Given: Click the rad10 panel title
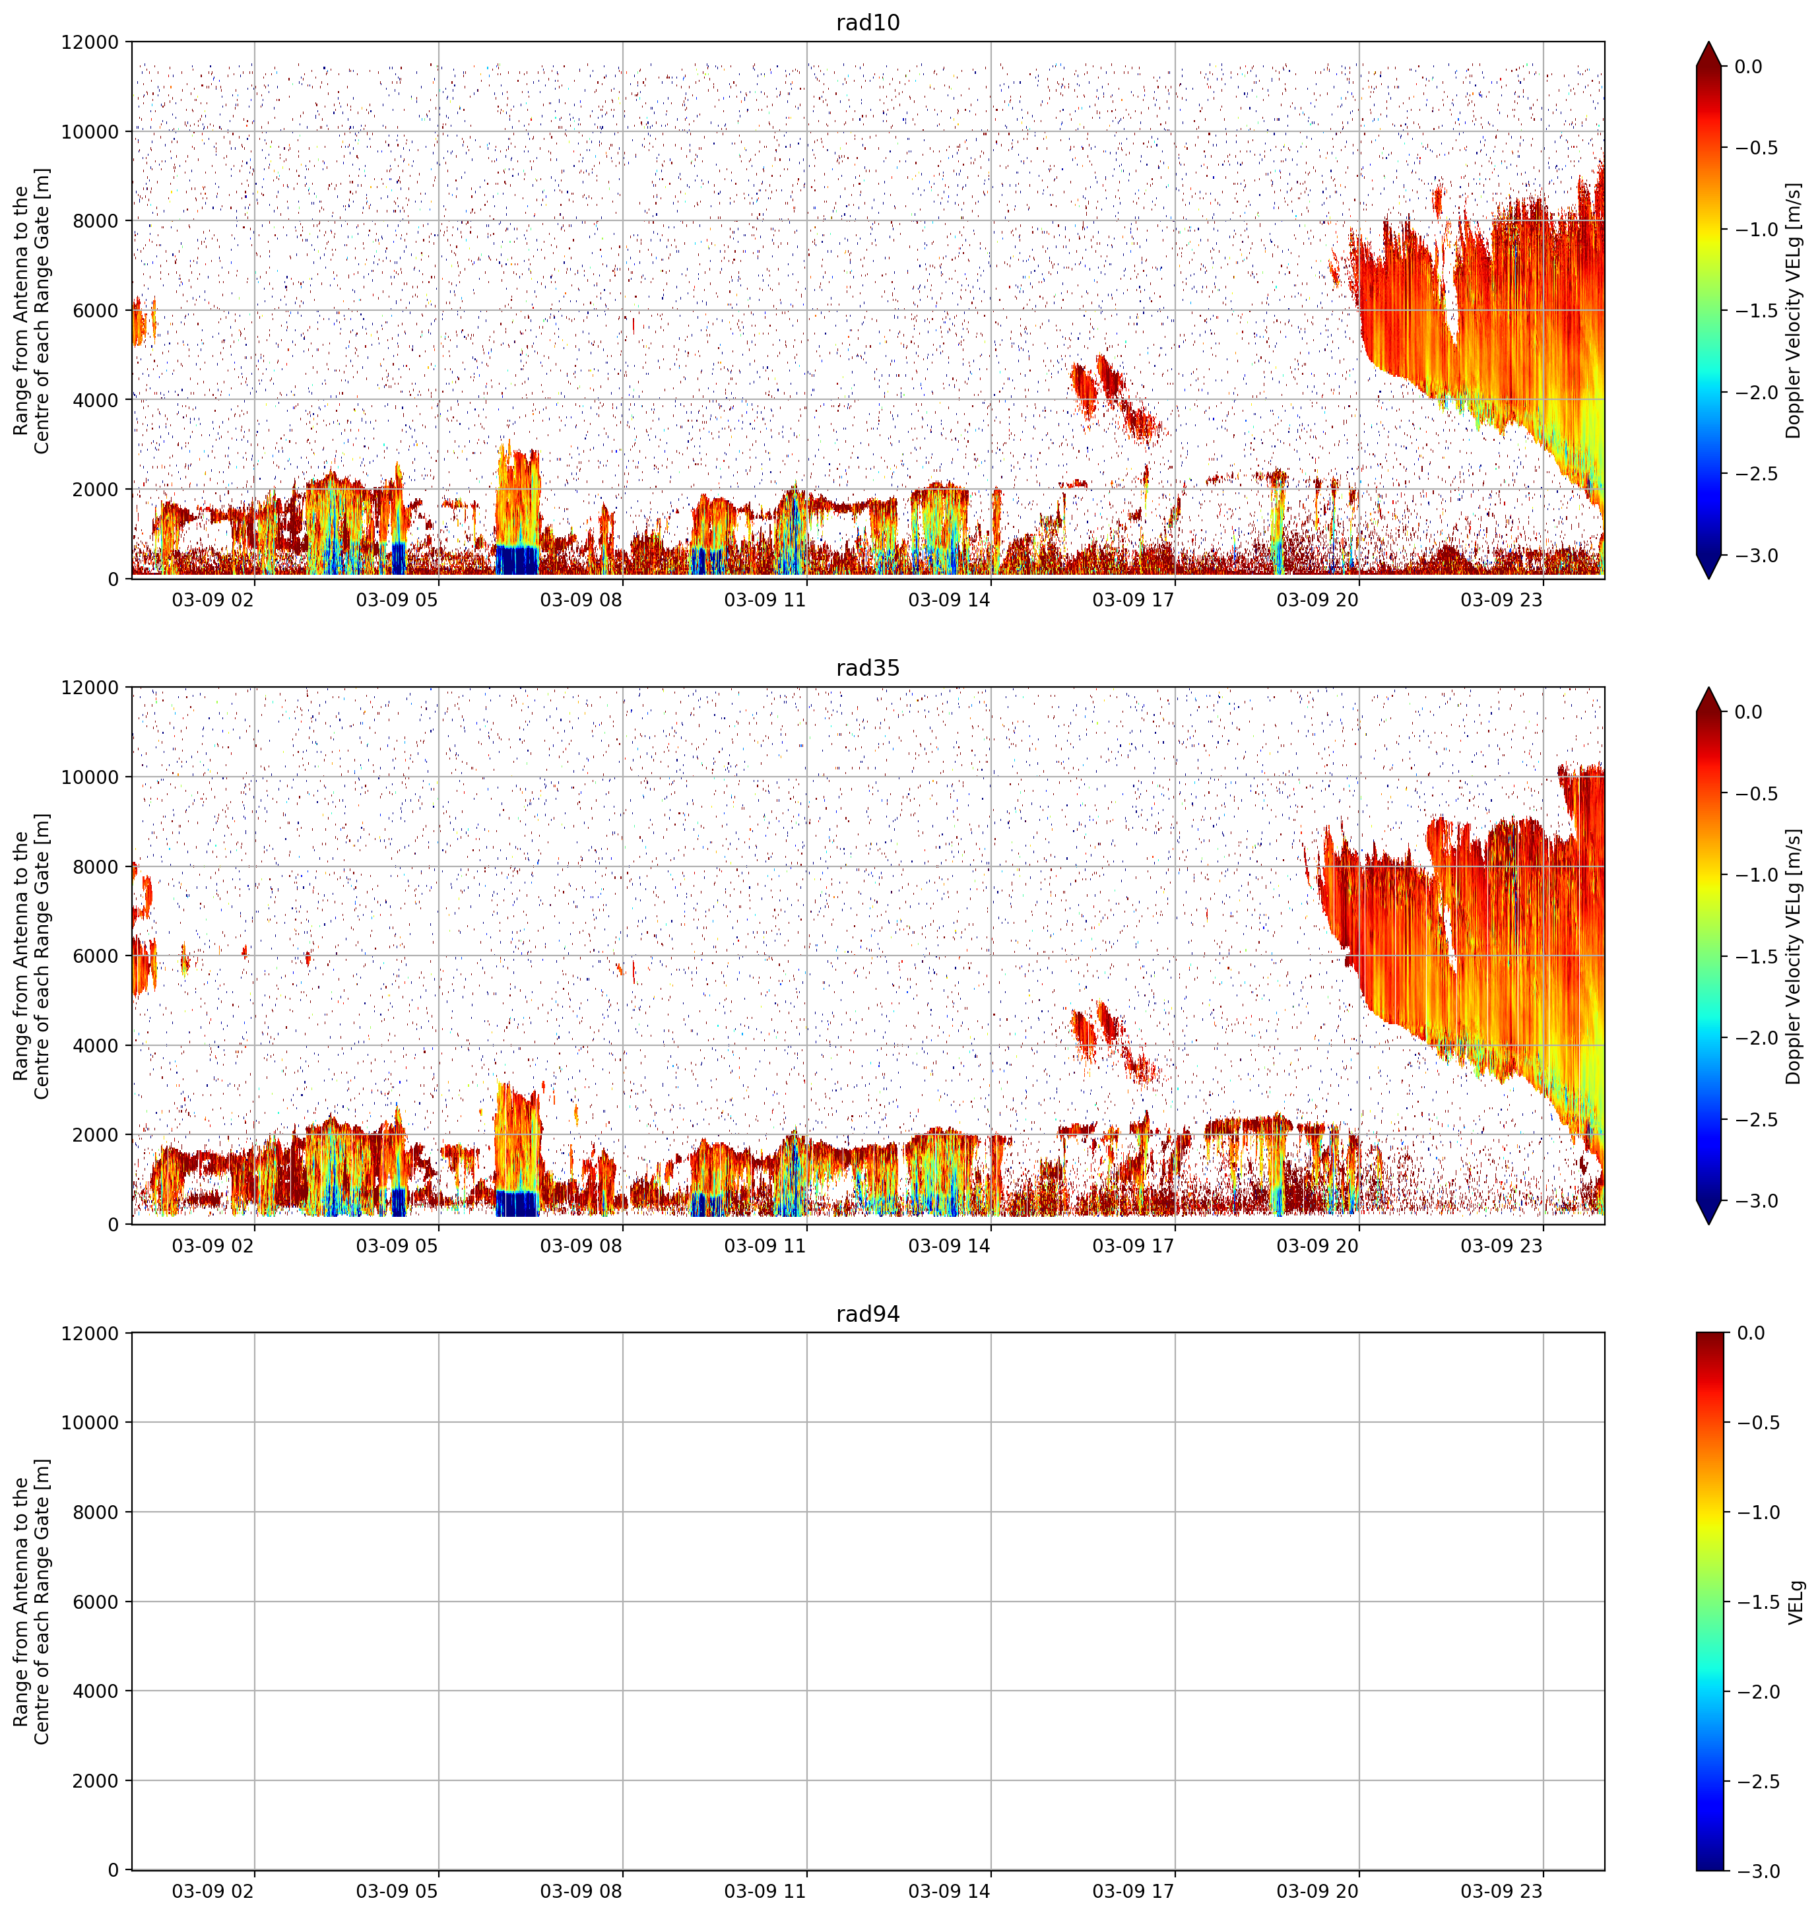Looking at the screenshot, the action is (867, 22).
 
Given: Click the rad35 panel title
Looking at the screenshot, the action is (867, 667).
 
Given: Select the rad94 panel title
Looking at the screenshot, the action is (867, 1314).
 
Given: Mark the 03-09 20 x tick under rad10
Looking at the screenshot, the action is (1316, 600).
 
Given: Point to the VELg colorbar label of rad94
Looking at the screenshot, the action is (1795, 1602).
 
